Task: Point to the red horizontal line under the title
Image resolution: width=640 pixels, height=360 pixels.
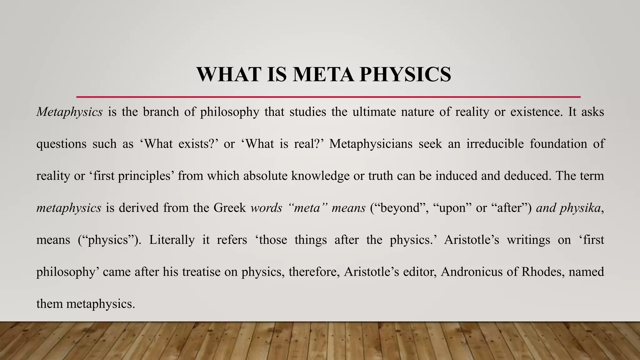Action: (x=328, y=97)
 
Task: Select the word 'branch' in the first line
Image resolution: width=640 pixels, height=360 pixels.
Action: (x=161, y=112)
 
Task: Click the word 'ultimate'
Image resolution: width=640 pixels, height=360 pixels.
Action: (x=374, y=112)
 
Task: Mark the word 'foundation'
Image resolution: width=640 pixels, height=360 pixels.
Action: (x=558, y=144)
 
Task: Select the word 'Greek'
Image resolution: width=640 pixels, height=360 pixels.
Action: (x=230, y=208)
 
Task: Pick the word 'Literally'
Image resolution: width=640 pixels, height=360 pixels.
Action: (x=172, y=240)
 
